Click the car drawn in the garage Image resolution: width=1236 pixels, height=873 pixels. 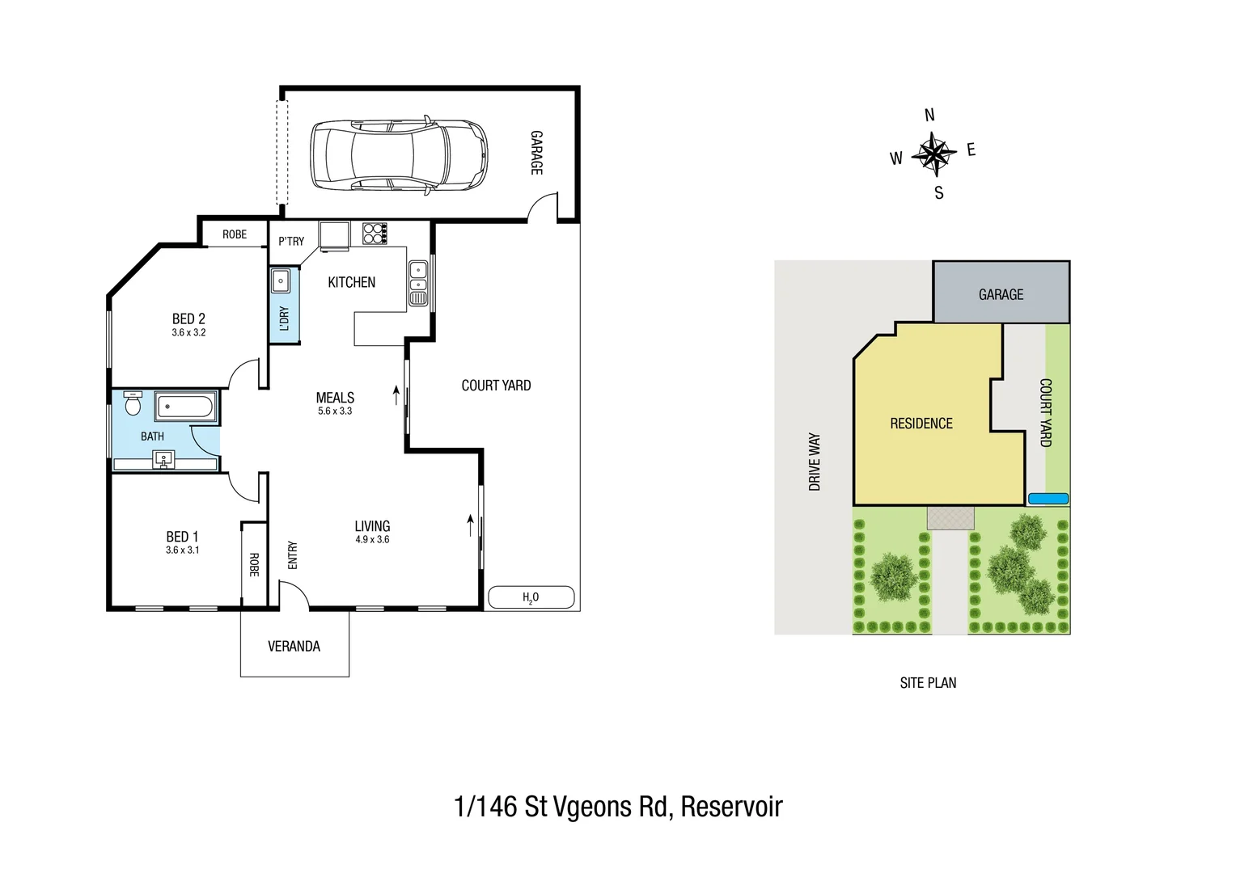coord(400,156)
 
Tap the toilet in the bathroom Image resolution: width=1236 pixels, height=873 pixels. coord(133,403)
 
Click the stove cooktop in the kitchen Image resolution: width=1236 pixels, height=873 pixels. coord(374,233)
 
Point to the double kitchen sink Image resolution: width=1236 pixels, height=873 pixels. coord(417,276)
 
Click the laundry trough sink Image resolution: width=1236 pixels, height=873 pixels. coord(281,281)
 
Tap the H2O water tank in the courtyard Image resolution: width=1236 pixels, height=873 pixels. coord(531,597)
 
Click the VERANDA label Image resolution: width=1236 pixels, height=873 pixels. coord(294,646)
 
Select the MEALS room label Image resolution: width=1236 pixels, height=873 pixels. coord(335,398)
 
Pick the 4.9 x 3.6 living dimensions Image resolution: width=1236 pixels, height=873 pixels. coord(372,540)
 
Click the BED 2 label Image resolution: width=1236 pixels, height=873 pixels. coord(188,318)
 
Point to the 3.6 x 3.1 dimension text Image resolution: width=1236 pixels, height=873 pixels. coord(182,550)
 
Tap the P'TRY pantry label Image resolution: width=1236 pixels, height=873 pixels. coord(291,241)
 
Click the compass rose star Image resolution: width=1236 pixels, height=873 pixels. coord(933,154)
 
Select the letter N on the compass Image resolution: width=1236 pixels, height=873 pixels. coord(929,116)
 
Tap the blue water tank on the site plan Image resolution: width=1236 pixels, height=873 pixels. coord(1048,499)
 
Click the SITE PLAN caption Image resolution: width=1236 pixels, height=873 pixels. coord(928,683)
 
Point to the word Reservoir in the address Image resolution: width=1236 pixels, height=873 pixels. coord(731,807)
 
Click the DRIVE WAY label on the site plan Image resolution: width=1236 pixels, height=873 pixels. coord(815,462)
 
